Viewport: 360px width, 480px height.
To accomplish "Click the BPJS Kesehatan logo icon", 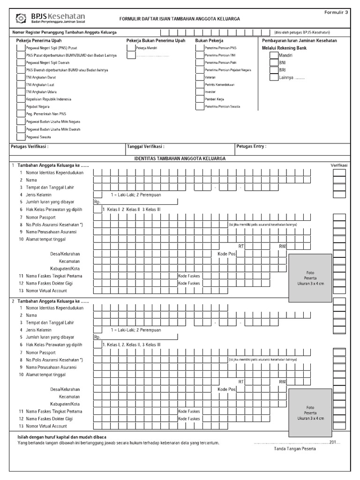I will pyautogui.click(x=21, y=18).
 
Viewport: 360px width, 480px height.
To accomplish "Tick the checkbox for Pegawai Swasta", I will pyautogui.click(x=21, y=137).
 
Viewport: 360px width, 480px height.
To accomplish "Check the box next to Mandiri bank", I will pyautogui.click(x=274, y=55).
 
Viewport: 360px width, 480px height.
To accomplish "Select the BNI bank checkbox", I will pyautogui.click(x=274, y=62).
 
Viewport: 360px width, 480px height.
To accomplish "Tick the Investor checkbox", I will pyautogui.click(x=200, y=92).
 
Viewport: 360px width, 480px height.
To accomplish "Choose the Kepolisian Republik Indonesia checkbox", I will pyautogui.click(x=21, y=99).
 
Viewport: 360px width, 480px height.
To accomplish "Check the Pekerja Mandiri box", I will pyautogui.click(x=130, y=48).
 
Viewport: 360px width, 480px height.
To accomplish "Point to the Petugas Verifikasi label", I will pyautogui.click(x=30, y=147).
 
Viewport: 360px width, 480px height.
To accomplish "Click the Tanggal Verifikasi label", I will pyautogui.click(x=145, y=147).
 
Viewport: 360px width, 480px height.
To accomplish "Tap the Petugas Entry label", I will pyautogui.click(x=251, y=147).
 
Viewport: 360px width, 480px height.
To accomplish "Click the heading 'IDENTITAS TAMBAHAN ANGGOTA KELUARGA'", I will pyautogui.click(x=180, y=158).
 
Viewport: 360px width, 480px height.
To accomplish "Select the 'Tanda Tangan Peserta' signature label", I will pyautogui.click(x=295, y=449).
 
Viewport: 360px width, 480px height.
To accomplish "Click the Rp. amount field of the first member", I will pyautogui.click(x=135, y=202).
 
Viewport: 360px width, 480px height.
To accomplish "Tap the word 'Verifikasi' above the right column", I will pyautogui.click(x=339, y=165).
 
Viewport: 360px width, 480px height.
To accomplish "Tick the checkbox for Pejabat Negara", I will pyautogui.click(x=21, y=107).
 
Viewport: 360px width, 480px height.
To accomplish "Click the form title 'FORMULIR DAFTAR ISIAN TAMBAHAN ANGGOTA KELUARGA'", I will pyautogui.click(x=180, y=19).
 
